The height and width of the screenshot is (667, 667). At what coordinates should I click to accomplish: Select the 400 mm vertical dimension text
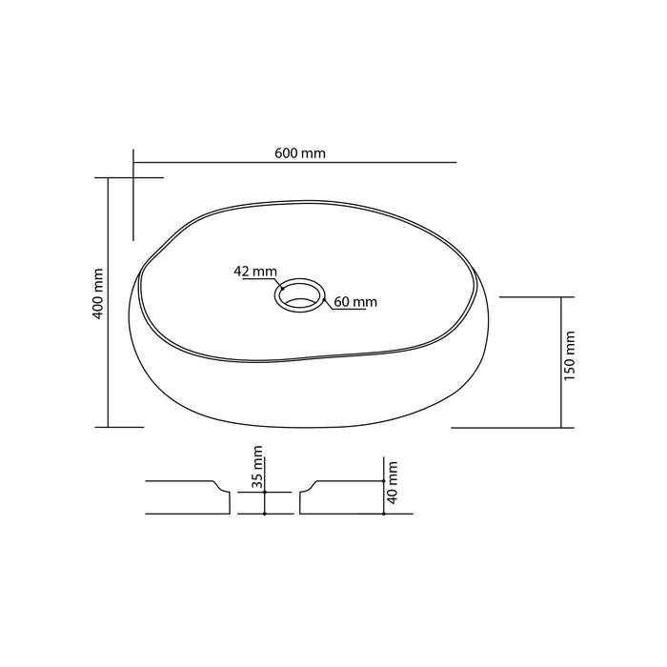(x=98, y=294)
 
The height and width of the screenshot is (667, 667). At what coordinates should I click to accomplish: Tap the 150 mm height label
(x=570, y=354)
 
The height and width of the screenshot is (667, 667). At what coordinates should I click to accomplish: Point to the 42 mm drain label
(x=254, y=272)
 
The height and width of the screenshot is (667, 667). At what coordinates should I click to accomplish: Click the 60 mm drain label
(x=355, y=302)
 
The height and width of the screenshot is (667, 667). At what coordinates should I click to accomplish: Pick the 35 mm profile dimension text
(x=256, y=467)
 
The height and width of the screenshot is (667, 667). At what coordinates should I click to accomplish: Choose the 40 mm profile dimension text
(x=393, y=482)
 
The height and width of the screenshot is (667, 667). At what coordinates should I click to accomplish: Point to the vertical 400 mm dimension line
(x=110, y=302)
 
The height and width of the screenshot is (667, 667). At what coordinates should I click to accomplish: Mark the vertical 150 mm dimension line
(x=560, y=361)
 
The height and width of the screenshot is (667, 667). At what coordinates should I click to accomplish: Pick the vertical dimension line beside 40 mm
(x=383, y=486)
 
